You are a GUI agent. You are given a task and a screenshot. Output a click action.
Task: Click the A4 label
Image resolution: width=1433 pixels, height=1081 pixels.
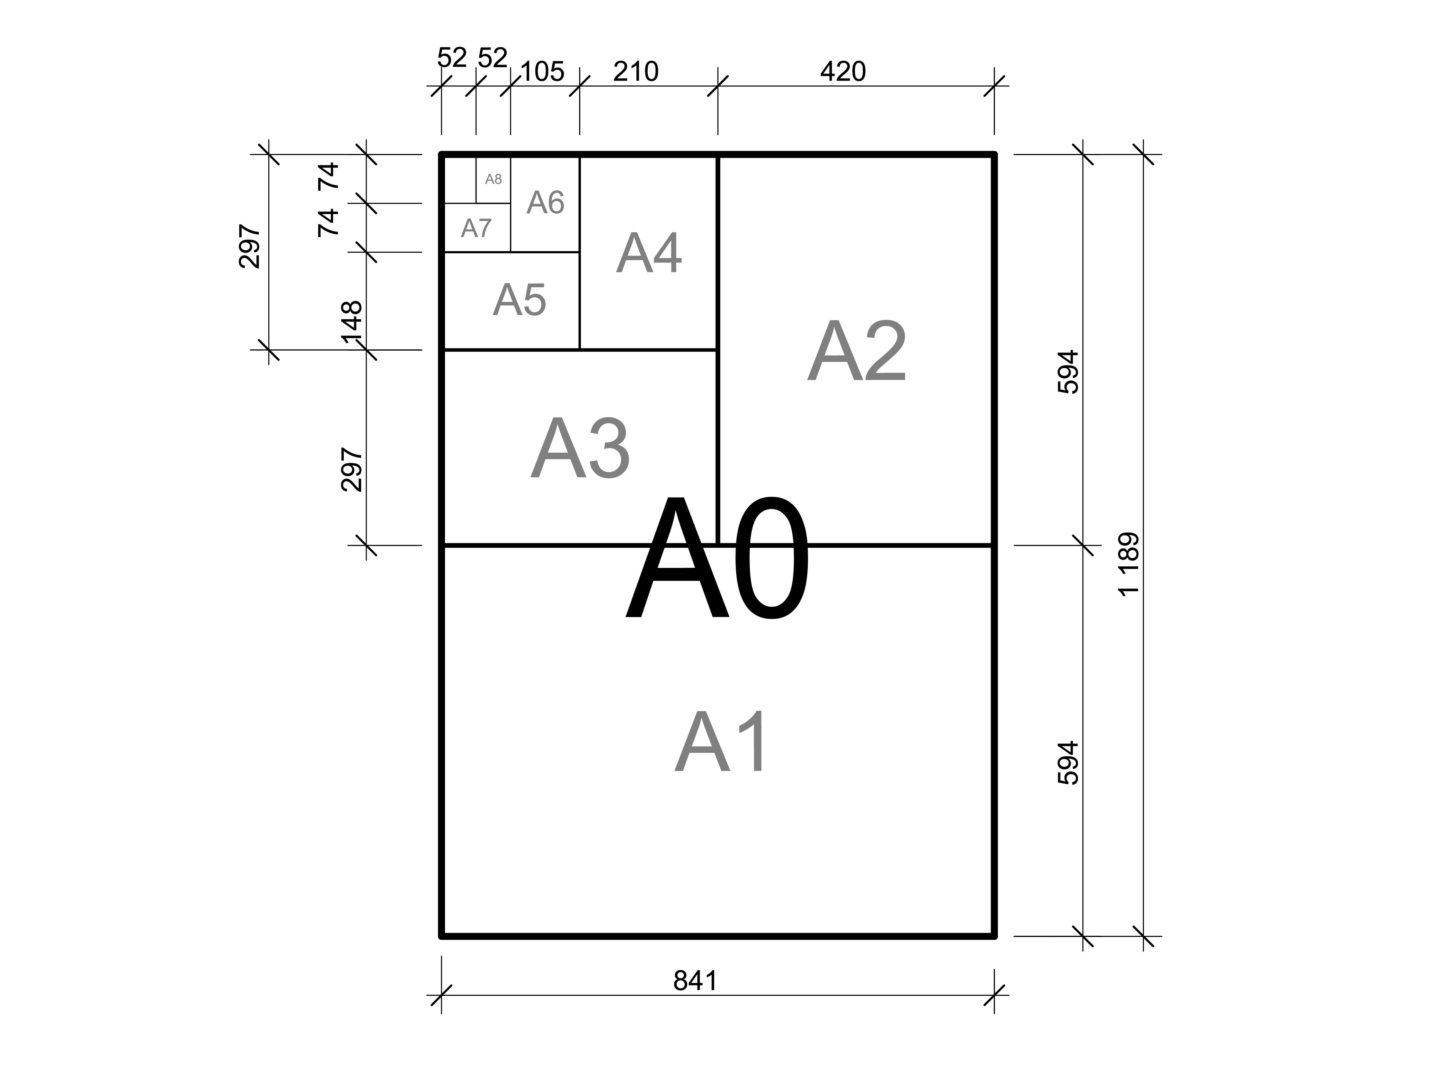[648, 253]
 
